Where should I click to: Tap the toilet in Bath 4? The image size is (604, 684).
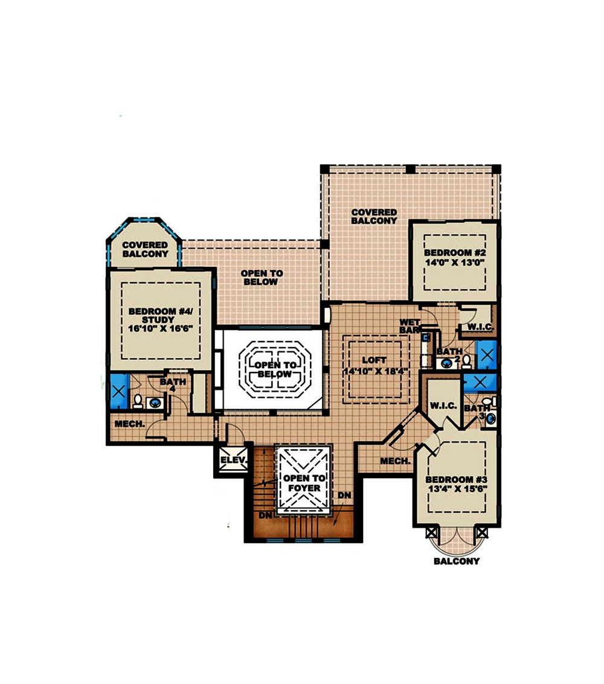[138, 401]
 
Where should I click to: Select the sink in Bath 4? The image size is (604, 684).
[156, 403]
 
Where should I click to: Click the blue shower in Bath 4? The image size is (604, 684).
[118, 391]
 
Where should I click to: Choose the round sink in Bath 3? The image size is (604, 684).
[490, 418]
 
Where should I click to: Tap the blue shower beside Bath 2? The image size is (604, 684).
[486, 354]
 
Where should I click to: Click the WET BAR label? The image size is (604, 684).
[410, 327]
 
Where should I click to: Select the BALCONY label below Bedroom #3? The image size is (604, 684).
[457, 561]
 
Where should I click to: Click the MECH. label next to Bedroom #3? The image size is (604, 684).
[396, 461]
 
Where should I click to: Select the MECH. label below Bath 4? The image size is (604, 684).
[129, 424]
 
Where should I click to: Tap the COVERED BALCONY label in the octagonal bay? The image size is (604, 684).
[144, 249]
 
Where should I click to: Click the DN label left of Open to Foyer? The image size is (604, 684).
[265, 516]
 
